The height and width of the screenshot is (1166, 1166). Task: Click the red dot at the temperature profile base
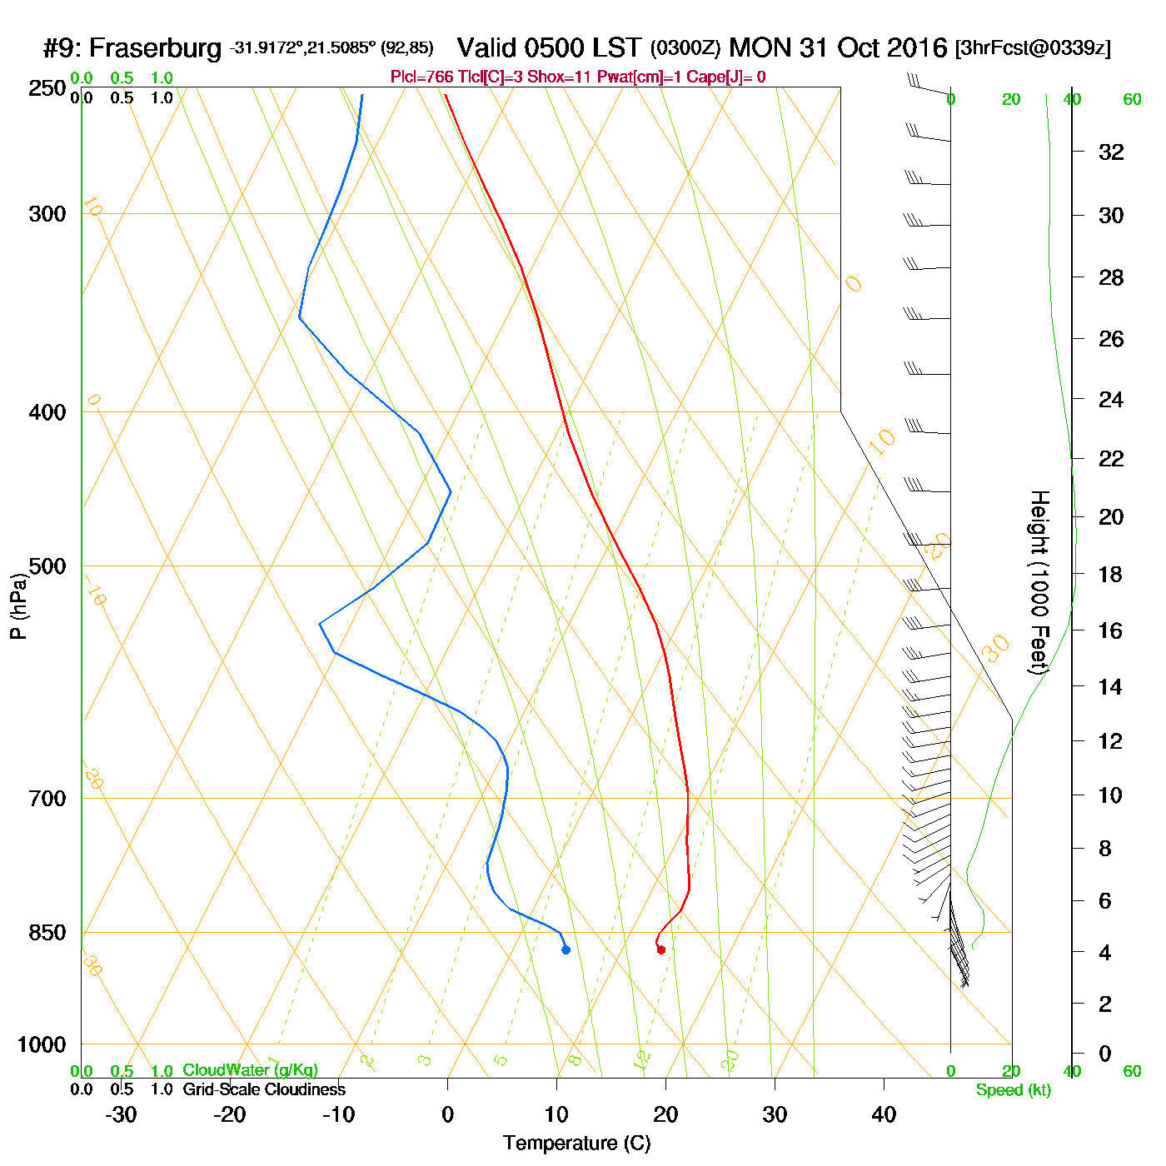click(x=661, y=949)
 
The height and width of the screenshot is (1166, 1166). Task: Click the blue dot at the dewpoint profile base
click(x=566, y=949)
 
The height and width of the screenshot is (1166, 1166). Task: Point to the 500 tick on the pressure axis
click(x=47, y=566)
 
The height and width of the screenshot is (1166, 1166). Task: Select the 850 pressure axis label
click(x=47, y=933)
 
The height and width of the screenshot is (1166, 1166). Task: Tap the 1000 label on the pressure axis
click(x=42, y=1044)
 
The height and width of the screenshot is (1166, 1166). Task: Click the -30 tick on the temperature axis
click(x=121, y=1114)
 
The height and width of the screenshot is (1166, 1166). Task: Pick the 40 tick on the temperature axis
click(x=884, y=1114)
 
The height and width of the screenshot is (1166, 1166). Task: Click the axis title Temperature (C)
click(x=576, y=1144)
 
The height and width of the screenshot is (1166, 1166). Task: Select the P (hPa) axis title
click(x=18, y=605)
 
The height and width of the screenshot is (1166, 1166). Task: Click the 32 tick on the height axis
click(x=1111, y=152)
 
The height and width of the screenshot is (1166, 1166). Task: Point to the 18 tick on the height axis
click(x=1111, y=574)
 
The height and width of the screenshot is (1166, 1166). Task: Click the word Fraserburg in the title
click(x=155, y=47)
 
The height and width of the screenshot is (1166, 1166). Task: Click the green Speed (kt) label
click(x=1013, y=1090)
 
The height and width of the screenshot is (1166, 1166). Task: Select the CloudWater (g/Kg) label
click(x=250, y=1070)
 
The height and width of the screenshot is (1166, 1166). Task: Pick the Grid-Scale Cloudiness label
click(x=264, y=1089)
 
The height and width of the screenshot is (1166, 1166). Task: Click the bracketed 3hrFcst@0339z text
click(x=1033, y=47)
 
